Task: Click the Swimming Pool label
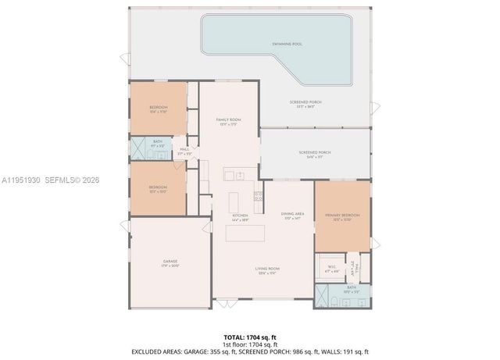287,45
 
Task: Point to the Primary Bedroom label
342,216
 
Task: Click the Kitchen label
240,216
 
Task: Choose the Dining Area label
292,215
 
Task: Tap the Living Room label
268,269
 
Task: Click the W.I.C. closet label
330,266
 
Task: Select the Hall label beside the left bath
184,150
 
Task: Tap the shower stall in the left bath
137,147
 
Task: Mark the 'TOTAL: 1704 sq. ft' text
249,337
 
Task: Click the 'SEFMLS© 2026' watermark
76,179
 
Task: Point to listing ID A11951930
25,179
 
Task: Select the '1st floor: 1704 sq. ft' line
249,344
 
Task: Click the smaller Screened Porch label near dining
314,153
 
